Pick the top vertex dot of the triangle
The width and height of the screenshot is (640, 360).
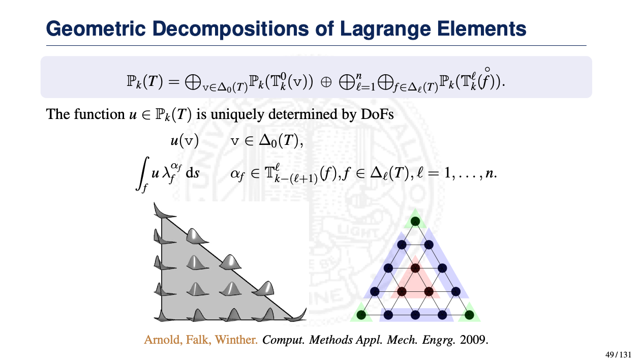pos(415,221)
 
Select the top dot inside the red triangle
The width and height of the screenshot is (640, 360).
pos(415,268)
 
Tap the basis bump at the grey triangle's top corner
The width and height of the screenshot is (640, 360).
pos(160,209)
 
